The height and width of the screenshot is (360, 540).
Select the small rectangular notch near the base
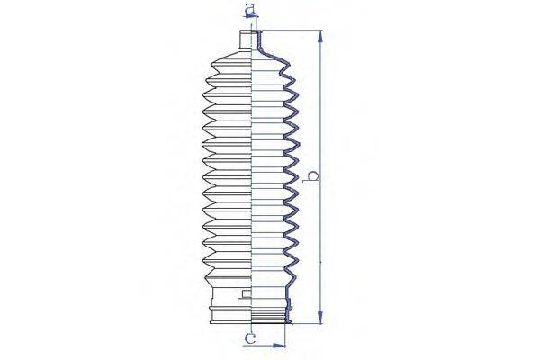(244, 293)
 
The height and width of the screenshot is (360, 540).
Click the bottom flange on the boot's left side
(216, 316)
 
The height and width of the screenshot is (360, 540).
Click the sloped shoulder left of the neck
(229, 54)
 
